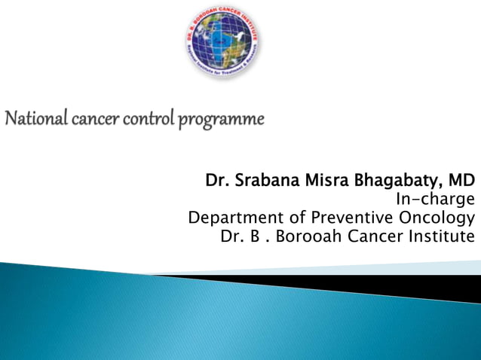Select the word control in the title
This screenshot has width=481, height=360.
coord(143,119)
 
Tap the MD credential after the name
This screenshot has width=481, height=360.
coord(461,181)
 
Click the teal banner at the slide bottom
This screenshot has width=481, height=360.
coord(226,324)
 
